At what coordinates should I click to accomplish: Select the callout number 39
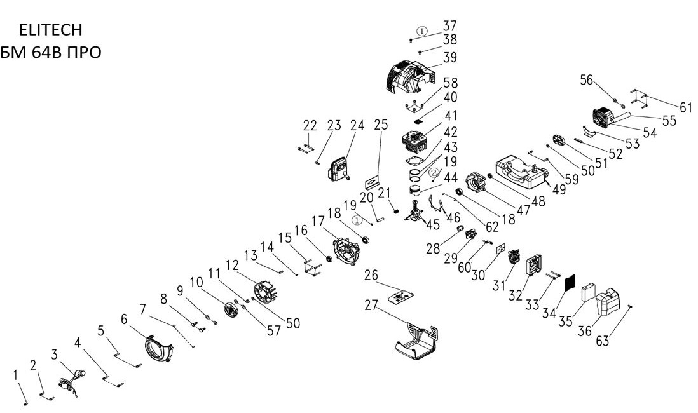450,58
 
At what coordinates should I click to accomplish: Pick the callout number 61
685,108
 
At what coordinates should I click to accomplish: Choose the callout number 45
433,224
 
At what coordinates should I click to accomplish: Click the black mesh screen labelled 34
568,280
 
